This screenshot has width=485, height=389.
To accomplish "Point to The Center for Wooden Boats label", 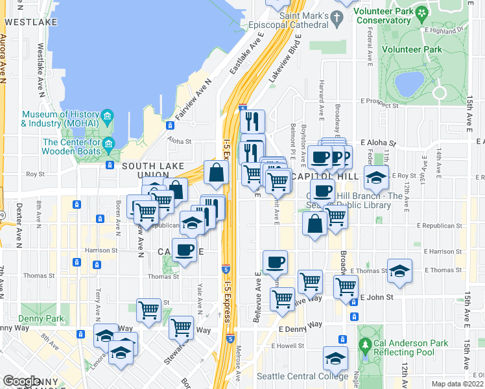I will [71, 147].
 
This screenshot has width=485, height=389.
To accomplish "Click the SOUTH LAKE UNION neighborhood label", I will [153, 167].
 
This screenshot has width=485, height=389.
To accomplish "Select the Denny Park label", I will [43, 318].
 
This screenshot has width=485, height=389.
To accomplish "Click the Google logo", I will [22, 381].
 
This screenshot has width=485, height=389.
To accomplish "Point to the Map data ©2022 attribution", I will [458, 384].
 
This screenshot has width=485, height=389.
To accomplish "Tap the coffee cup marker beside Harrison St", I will [184, 250].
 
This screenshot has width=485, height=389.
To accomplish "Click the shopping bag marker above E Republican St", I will [314, 224].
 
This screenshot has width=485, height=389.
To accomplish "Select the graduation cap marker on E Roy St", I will [376, 176].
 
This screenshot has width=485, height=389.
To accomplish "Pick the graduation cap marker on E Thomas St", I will [399, 271].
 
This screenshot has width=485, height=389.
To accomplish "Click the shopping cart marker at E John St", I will [346, 285].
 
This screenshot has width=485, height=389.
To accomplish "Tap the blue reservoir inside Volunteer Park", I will [409, 83].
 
